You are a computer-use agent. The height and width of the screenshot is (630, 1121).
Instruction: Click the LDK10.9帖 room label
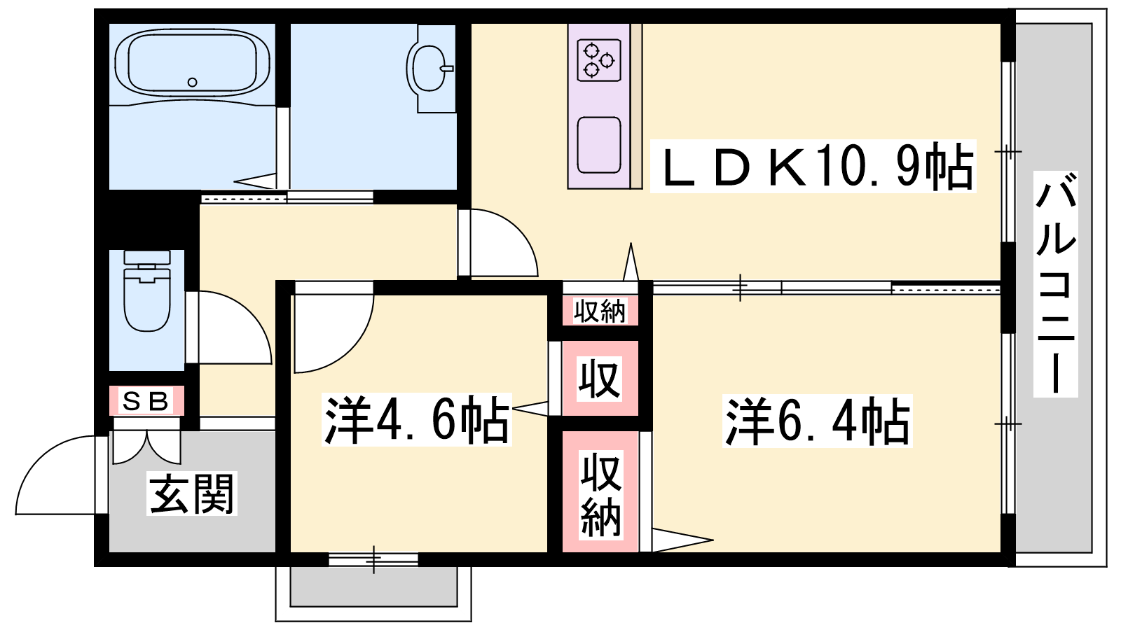point(813,166)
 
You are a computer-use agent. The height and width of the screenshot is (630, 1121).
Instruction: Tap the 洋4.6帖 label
point(416,420)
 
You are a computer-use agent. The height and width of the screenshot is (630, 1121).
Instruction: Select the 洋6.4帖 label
point(818,421)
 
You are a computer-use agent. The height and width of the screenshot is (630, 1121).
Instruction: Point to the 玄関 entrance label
point(192,494)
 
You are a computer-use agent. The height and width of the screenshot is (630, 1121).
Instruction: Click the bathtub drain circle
point(192,83)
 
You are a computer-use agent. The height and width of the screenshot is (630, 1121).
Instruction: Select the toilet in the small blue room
point(147,291)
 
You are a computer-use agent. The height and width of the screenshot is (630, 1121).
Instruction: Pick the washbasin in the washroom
point(429,68)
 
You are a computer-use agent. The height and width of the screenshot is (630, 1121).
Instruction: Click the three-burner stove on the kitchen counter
point(599,61)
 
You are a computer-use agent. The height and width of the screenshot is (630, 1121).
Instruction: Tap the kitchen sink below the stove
point(599,145)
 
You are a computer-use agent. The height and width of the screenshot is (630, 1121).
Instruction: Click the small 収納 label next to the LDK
point(600,312)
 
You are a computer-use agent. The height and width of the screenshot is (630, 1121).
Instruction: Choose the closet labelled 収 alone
point(600,379)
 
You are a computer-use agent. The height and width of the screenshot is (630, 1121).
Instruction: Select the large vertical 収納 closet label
point(600,495)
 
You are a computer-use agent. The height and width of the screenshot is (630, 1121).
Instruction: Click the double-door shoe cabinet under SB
point(146,441)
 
